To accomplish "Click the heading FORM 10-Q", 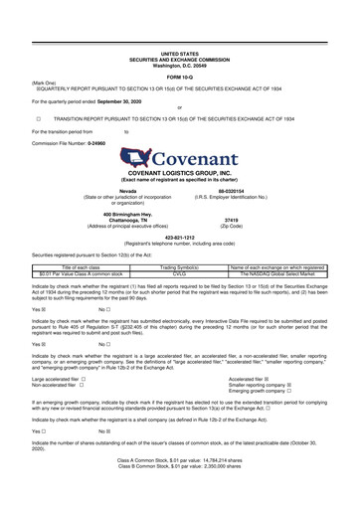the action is point(179,76).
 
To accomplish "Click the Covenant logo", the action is point(180,158).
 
